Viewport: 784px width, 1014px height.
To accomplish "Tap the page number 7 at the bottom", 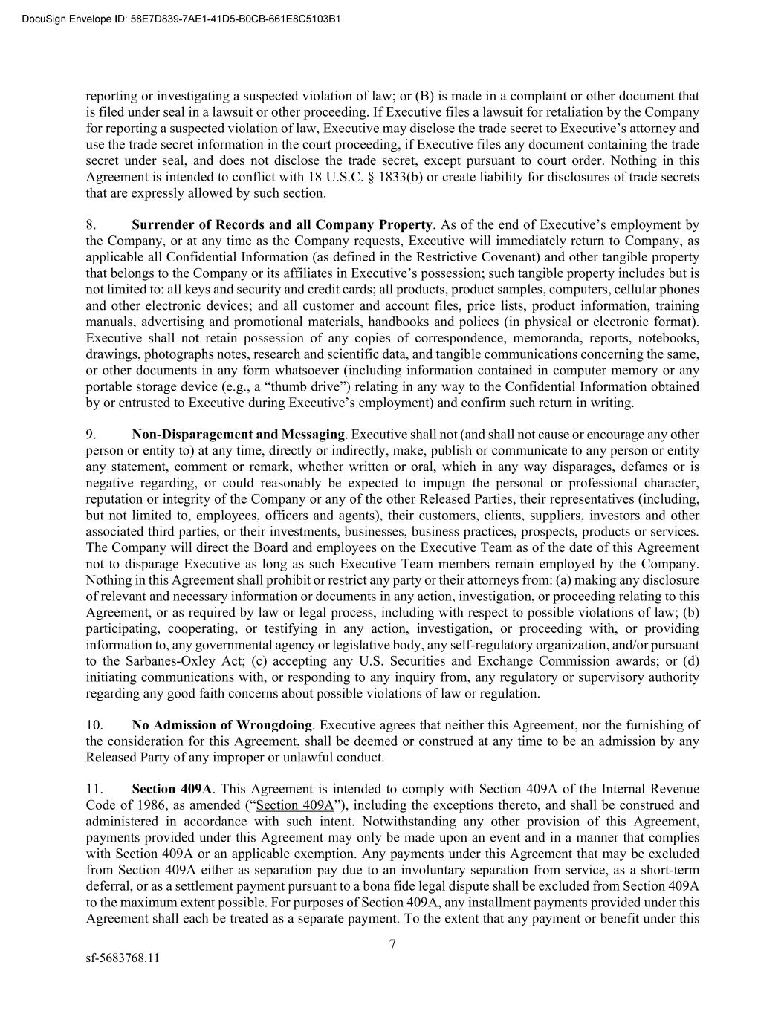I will [392, 945].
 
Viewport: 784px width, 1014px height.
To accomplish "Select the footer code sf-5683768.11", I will [123, 958].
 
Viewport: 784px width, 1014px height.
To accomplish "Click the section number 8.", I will [91, 224].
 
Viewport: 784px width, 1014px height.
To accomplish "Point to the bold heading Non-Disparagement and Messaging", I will [238, 435].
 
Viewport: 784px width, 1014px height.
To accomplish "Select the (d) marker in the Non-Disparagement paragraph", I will [691, 661].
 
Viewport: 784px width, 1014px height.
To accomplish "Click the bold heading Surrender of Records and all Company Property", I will [282, 224].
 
